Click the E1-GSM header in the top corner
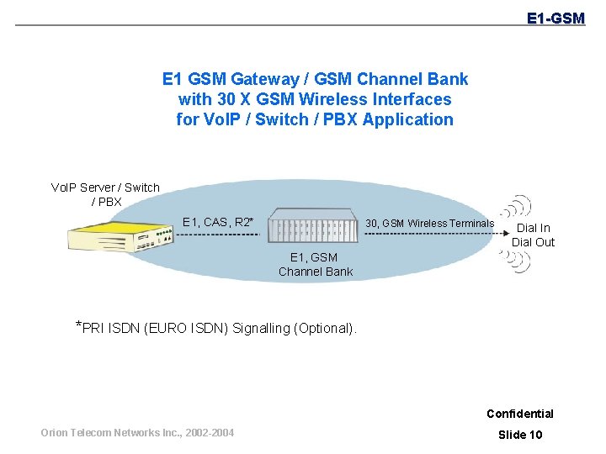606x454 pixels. click(x=555, y=18)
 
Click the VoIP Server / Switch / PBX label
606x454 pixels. click(x=105, y=194)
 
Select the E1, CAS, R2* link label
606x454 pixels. click(x=218, y=222)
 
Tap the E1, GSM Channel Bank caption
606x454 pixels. click(x=316, y=264)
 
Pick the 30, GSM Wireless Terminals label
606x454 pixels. click(x=429, y=223)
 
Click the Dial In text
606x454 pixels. click(x=533, y=228)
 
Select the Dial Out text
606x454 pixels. click(x=533, y=242)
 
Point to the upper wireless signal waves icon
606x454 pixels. click(x=517, y=207)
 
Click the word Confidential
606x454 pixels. click(x=519, y=413)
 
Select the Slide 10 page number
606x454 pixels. click(x=520, y=434)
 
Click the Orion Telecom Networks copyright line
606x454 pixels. click(x=138, y=433)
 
